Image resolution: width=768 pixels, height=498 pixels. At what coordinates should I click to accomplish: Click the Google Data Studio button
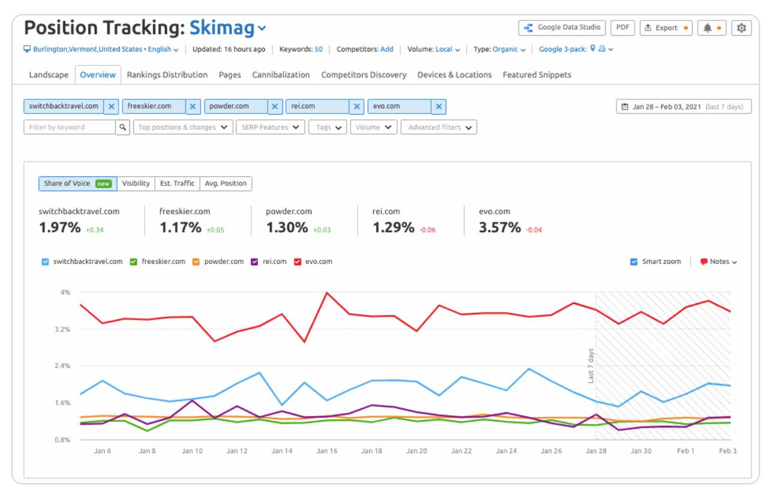tap(562, 28)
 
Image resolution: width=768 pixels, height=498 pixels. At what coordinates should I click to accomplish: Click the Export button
tap(665, 28)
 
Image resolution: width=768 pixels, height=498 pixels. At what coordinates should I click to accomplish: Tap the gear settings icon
tap(742, 28)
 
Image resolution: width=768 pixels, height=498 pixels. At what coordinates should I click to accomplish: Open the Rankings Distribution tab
tap(167, 75)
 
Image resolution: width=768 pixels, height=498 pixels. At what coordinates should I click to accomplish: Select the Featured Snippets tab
tap(536, 75)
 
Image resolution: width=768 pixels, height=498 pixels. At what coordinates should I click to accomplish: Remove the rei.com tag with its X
tap(357, 107)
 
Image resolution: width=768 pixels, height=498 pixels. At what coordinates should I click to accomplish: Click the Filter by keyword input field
tap(70, 127)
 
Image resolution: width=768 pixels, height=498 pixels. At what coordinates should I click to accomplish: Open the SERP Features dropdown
tap(270, 127)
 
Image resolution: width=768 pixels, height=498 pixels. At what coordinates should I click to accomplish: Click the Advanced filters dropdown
tap(439, 127)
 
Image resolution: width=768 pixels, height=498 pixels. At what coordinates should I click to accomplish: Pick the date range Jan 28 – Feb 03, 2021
tap(683, 107)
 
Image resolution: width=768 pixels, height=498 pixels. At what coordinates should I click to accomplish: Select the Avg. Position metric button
tap(226, 184)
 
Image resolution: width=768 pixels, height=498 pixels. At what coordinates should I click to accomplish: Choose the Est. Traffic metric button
tap(177, 184)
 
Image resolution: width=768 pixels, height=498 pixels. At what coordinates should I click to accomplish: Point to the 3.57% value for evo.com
tap(499, 227)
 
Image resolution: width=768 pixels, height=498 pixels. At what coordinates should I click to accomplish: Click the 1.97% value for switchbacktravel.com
tap(59, 227)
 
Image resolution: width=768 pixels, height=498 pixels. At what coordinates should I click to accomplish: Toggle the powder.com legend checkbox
tap(196, 262)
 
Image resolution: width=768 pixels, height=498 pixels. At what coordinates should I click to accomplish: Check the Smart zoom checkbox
tap(634, 262)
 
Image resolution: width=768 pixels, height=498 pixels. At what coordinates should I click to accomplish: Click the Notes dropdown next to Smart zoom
tap(719, 262)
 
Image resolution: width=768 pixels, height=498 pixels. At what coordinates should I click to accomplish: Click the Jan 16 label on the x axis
tap(327, 451)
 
